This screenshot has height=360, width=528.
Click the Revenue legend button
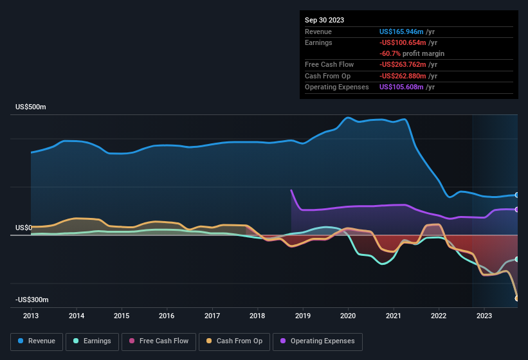click(x=37, y=341)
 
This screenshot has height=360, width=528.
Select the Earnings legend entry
click(x=92, y=341)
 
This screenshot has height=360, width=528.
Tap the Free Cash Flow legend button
click(x=159, y=341)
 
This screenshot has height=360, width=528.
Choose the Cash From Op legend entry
click(x=234, y=341)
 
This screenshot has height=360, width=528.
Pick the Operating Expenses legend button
click(x=318, y=341)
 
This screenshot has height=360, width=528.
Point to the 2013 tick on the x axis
click(x=31, y=316)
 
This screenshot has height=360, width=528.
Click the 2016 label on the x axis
click(x=167, y=316)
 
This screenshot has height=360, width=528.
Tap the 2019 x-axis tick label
click(x=302, y=316)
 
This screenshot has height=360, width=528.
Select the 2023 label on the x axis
click(x=484, y=316)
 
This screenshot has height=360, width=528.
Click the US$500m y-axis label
click(x=31, y=107)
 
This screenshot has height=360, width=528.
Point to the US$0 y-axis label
click(x=24, y=228)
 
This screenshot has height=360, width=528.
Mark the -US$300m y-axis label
click(x=32, y=300)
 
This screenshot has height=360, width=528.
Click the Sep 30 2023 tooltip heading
click(x=324, y=20)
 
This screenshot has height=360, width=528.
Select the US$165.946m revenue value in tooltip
click(x=401, y=32)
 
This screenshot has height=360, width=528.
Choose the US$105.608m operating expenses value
click(x=401, y=87)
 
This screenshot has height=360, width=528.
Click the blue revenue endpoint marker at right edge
click(x=517, y=195)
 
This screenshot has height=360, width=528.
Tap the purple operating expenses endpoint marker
click(x=517, y=210)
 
